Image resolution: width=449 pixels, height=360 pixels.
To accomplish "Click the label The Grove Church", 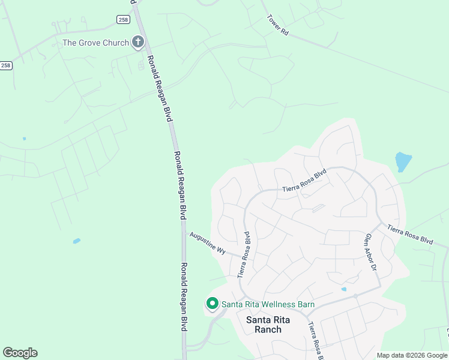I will click(x=95, y=43).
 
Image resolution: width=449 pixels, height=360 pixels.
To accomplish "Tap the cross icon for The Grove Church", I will click(x=138, y=42).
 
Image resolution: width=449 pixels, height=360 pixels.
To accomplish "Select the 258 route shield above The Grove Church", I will click(x=123, y=20).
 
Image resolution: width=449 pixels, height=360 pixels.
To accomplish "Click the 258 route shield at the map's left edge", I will click(x=6, y=65).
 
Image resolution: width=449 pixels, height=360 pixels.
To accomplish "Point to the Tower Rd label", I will click(x=278, y=25).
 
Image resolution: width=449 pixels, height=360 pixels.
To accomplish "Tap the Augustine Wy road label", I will click(x=207, y=243).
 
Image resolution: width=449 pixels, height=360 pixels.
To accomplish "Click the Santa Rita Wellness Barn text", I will click(x=268, y=304).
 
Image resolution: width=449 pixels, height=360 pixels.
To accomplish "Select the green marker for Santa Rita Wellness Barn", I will click(x=212, y=304).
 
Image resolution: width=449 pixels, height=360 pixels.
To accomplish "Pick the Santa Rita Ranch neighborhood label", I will click(x=272, y=325).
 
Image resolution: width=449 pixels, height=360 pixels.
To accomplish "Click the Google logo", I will click(x=20, y=353).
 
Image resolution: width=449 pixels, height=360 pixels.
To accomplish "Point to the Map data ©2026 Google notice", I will click(x=412, y=355).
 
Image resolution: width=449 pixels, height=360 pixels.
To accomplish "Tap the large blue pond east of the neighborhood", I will click(x=403, y=161).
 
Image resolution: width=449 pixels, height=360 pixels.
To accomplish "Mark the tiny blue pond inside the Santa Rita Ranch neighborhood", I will click(x=343, y=289).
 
